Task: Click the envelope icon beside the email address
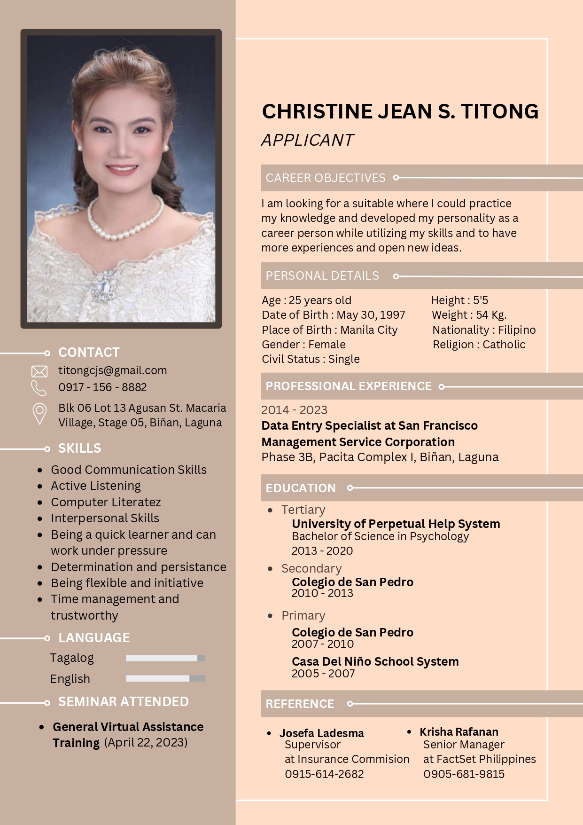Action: [x=39, y=371]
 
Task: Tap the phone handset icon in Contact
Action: [x=39, y=388]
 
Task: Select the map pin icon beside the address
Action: [x=39, y=414]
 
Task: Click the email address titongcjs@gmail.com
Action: [x=112, y=370]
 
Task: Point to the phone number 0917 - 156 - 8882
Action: [x=102, y=387]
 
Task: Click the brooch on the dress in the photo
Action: [x=104, y=287]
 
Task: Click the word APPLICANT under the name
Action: [x=307, y=140]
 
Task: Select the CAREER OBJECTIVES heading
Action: [x=325, y=178]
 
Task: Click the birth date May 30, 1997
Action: [x=371, y=315]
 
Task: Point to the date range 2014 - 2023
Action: [x=294, y=410]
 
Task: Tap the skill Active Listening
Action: [x=96, y=486]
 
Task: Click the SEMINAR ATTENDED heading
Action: [x=123, y=702]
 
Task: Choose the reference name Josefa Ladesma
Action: [x=321, y=733]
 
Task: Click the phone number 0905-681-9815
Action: [x=464, y=774]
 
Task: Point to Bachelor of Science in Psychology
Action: [x=380, y=536]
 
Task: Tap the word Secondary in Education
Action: [x=311, y=569]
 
